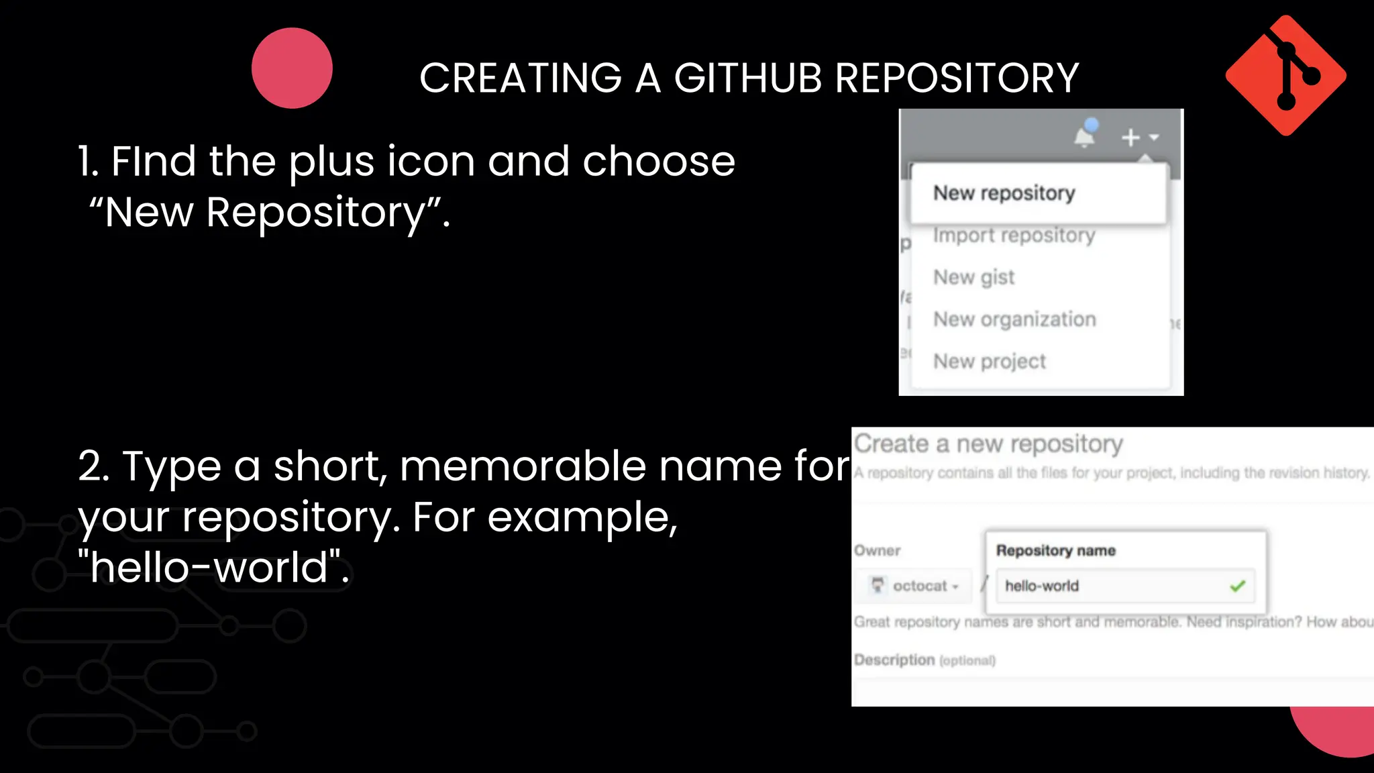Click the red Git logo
[x=1285, y=75]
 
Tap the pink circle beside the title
[x=292, y=68]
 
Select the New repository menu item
[x=1004, y=193]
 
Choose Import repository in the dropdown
[x=1013, y=236]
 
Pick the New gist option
[x=973, y=277]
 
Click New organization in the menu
[x=1014, y=319]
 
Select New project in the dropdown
[x=989, y=362]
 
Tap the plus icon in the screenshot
[x=1131, y=138]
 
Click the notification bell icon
[x=1084, y=136]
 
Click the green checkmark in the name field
[x=1237, y=586]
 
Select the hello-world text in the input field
[x=1041, y=586]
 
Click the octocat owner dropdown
[x=915, y=586]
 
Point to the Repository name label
[x=1055, y=551]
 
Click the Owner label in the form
[x=877, y=551]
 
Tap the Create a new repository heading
[x=988, y=444]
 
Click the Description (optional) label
[x=924, y=660]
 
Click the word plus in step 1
[x=331, y=162]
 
